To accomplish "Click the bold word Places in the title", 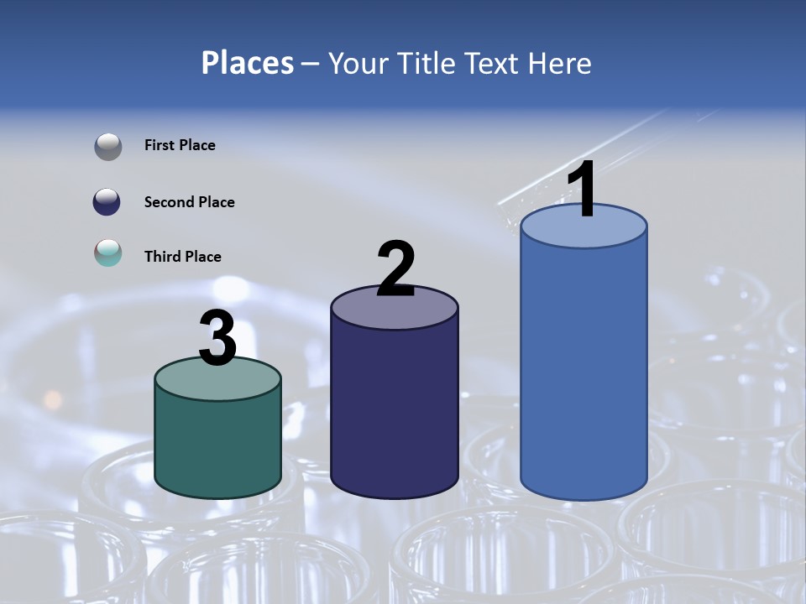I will pyautogui.click(x=248, y=63).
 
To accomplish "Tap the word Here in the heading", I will pyautogui.click(x=560, y=64).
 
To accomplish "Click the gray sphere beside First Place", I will pyautogui.click(x=108, y=146).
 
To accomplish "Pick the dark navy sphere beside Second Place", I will pyautogui.click(x=108, y=202).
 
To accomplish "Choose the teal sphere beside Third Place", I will pyautogui.click(x=108, y=253).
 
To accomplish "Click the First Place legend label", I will pyautogui.click(x=180, y=145).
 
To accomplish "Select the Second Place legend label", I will pyautogui.click(x=189, y=202).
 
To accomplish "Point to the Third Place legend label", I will pyautogui.click(x=182, y=257).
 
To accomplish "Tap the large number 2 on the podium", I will pyautogui.click(x=395, y=269).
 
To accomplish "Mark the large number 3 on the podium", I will pyautogui.click(x=217, y=339).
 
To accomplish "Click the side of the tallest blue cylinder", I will pyautogui.click(x=584, y=369).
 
